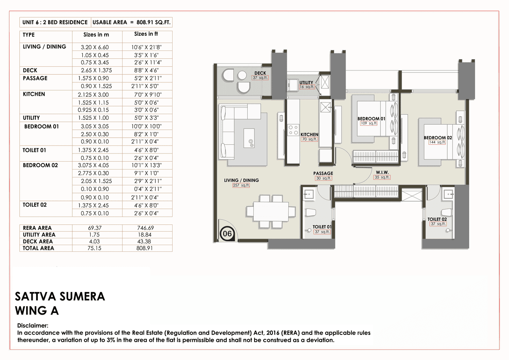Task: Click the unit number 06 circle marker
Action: (x=227, y=234)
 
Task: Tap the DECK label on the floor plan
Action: (x=260, y=73)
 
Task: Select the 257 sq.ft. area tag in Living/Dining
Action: (x=241, y=185)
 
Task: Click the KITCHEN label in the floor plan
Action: (x=309, y=134)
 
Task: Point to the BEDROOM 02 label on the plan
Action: (x=438, y=138)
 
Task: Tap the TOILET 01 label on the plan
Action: (x=322, y=227)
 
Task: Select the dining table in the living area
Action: (x=267, y=211)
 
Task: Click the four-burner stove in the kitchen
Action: (x=293, y=130)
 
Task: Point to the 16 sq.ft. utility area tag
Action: (x=307, y=87)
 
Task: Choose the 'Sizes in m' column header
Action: (x=96, y=35)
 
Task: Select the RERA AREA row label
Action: (x=37, y=228)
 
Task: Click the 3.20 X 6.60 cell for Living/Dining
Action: (x=95, y=47)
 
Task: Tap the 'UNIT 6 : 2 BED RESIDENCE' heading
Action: (x=55, y=22)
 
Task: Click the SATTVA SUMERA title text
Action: (x=60, y=296)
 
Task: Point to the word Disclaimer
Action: (x=33, y=325)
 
